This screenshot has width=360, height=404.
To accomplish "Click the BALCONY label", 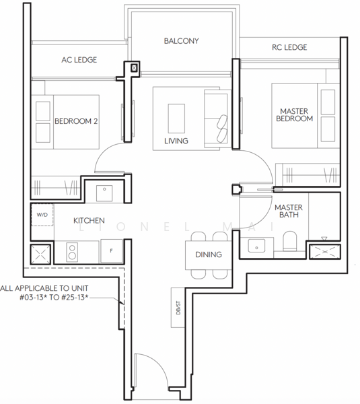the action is (x=181, y=41).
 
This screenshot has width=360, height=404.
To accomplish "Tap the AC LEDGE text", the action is (x=79, y=60).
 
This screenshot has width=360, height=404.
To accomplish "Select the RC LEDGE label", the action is (x=289, y=47).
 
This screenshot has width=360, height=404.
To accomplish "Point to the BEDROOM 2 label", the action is (x=76, y=121).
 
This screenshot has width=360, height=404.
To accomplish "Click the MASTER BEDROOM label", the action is (x=294, y=115).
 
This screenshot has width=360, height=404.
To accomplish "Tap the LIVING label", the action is (x=176, y=141).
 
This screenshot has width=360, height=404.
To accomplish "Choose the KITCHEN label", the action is (x=89, y=221).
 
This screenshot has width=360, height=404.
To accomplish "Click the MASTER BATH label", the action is (x=289, y=211).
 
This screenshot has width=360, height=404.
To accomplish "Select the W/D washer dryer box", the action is (x=42, y=215).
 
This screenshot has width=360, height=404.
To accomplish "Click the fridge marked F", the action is (x=111, y=250).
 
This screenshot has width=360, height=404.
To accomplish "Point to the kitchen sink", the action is (x=104, y=193).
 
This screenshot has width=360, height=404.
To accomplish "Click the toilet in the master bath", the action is (x=290, y=241).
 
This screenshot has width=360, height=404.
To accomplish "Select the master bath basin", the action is (x=256, y=246).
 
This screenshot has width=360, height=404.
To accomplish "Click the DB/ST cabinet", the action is (x=178, y=308).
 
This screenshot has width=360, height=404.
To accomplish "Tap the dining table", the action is (x=209, y=255).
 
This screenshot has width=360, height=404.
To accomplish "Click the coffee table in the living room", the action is (x=176, y=119).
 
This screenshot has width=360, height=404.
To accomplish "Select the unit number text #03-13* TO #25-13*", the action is (x=54, y=298).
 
